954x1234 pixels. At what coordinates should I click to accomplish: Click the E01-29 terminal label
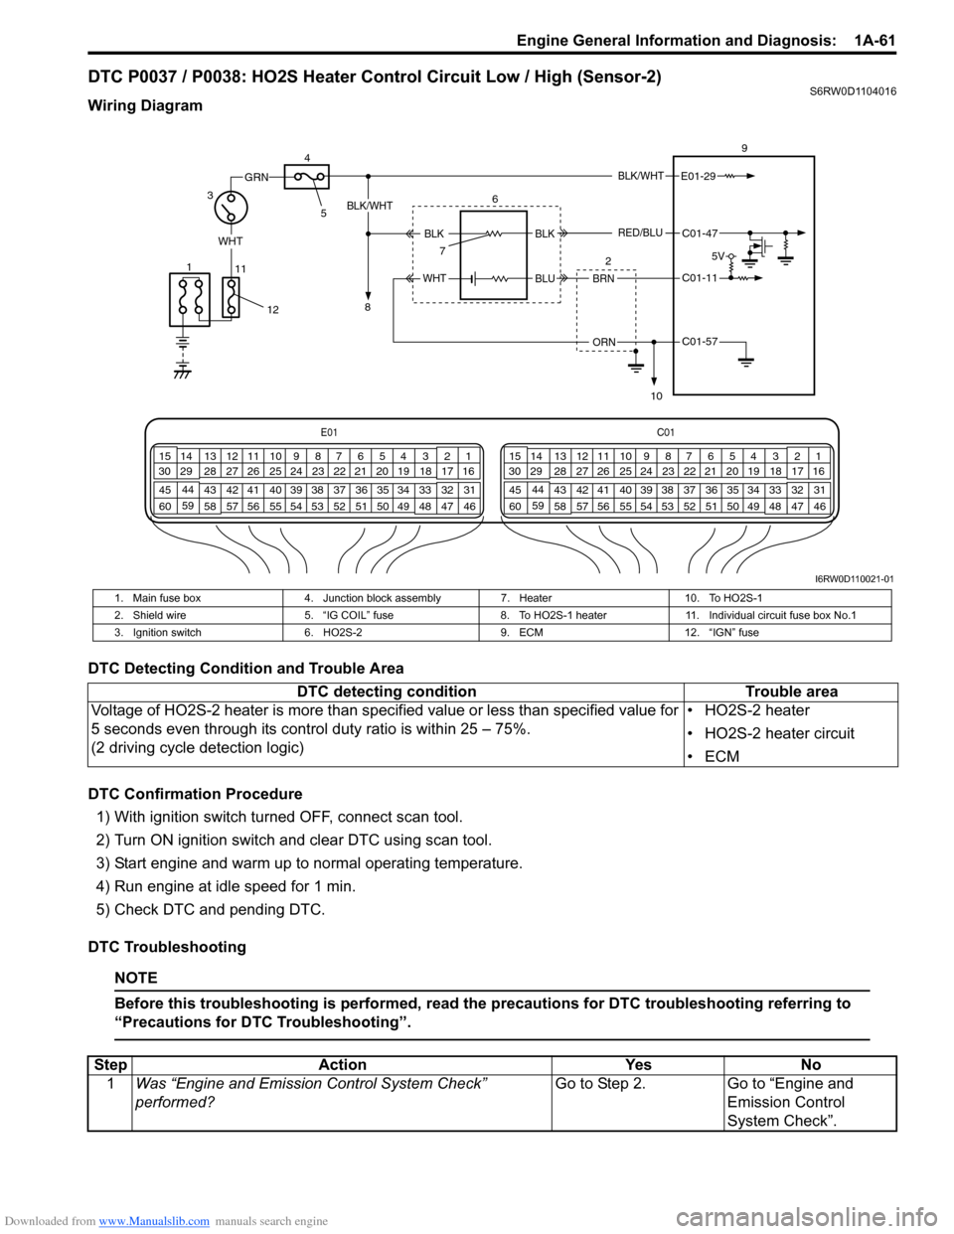coord(698,177)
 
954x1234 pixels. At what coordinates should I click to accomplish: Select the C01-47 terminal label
coord(699,234)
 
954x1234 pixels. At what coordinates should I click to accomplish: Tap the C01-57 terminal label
coord(699,342)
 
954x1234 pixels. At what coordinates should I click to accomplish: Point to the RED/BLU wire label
coord(640,233)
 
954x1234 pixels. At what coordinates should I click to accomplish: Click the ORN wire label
coord(603,342)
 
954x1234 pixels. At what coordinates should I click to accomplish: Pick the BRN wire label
coord(603,279)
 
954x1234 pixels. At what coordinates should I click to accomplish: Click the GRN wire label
coord(256,177)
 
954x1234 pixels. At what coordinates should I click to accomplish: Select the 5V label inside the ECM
coord(718,256)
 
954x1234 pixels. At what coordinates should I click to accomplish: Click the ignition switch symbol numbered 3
coord(231,209)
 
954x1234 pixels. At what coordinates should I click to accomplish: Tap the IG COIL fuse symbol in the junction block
coord(307,177)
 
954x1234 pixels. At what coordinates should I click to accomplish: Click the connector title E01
coord(329,432)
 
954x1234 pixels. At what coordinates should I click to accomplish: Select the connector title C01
coord(666,432)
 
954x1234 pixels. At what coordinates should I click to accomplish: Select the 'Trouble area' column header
coord(791,692)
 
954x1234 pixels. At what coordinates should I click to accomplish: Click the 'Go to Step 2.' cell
coord(600,1084)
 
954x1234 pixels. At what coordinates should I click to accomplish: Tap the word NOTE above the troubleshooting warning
coord(135,978)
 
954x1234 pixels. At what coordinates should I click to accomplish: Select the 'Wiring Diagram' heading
coord(145,105)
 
